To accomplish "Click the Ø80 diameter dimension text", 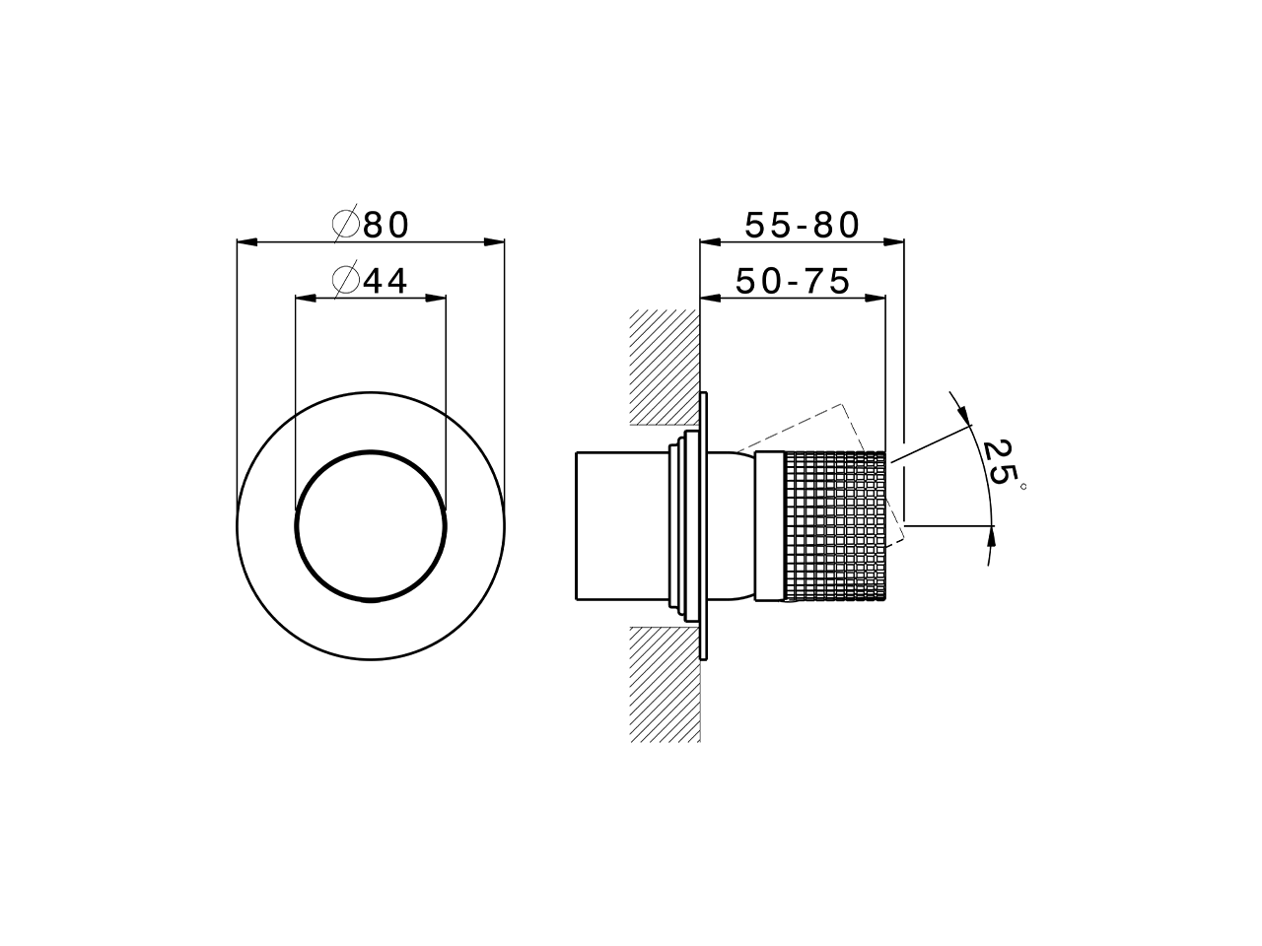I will [x=372, y=226].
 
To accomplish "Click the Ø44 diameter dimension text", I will [x=372, y=282].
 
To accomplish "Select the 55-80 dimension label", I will [x=802, y=226].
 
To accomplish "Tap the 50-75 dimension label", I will [x=793, y=282].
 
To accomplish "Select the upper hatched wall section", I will [x=665, y=368].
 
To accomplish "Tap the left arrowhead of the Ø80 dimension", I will [x=246, y=241].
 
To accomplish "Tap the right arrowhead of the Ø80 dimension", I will [x=495, y=241].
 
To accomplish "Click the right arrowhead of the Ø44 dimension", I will [x=436, y=298].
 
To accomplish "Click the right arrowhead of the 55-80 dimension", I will [x=894, y=241].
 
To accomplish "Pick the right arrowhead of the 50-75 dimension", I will [x=876, y=298].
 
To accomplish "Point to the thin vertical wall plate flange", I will [x=704, y=526].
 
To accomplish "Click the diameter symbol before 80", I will [x=345, y=226].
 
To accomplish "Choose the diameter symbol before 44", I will [x=345, y=282].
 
